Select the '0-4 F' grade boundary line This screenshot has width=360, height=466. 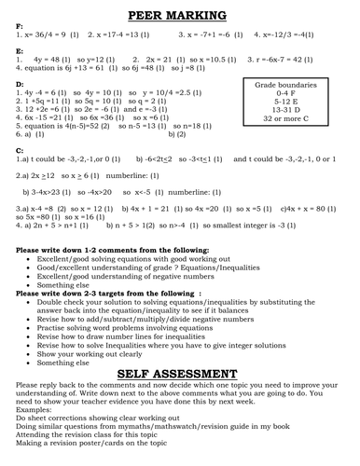pyautogui.click(x=286, y=93)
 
